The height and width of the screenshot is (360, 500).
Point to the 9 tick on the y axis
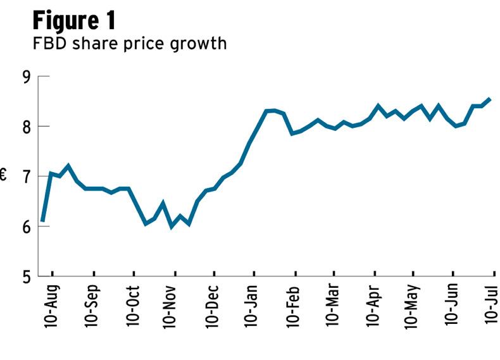pos(27,77)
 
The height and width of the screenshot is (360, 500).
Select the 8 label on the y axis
pos(27,127)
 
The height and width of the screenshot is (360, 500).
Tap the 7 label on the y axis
pos(27,177)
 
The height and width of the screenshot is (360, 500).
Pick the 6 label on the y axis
pos(27,227)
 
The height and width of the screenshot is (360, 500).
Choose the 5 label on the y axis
pos(27,276)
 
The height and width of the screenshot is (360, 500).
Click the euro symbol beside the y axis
pos(4,176)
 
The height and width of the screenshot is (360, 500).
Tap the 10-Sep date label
pos(93,306)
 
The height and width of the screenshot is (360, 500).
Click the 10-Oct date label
pos(134,306)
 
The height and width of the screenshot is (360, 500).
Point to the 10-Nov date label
pos(173,306)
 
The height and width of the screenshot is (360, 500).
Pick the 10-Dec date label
pos(214,306)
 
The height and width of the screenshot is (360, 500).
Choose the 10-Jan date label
pos(254,306)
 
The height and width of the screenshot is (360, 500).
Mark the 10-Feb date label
pos(294,306)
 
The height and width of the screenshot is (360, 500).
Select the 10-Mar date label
pos(334,306)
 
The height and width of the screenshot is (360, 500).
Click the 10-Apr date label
pos(374,306)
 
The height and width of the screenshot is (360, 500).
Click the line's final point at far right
pos(491,99)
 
